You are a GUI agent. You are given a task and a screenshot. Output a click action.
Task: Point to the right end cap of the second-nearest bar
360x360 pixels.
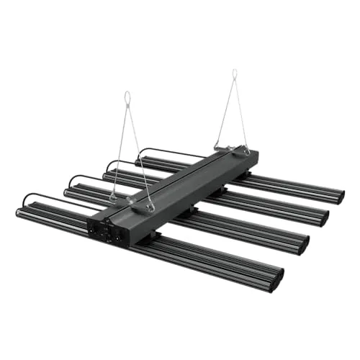[x=303, y=245]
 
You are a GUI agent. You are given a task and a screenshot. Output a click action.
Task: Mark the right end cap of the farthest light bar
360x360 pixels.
[x=341, y=195]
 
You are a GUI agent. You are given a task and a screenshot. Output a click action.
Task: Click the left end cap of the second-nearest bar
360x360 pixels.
[x=67, y=192]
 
